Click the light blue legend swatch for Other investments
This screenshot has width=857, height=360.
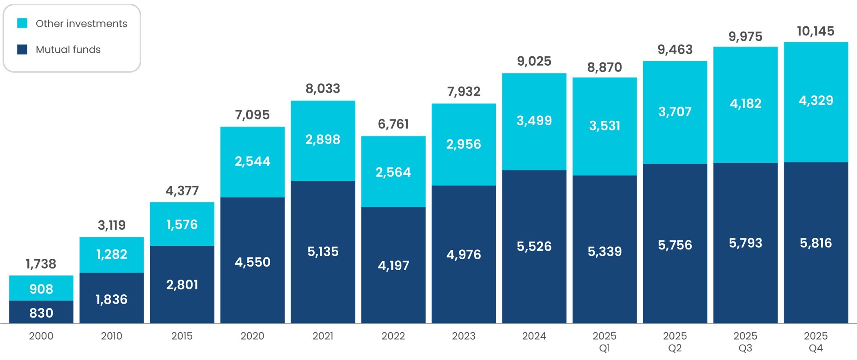point(22,23)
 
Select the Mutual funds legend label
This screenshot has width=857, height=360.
point(68,49)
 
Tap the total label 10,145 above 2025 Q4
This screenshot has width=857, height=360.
point(815,31)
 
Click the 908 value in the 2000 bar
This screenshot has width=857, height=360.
point(41,289)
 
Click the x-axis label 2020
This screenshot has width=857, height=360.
point(252,336)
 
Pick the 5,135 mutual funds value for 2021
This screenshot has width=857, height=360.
point(323,251)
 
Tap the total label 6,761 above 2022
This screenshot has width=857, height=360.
point(393,124)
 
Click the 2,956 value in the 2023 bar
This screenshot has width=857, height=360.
point(464,144)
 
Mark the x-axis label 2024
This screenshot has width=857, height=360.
point(534,336)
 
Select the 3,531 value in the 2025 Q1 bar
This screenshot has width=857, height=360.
point(604,126)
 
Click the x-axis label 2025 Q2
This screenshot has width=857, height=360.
point(675,341)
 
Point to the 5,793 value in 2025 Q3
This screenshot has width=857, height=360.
point(745,243)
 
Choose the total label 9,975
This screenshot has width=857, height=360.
point(745,37)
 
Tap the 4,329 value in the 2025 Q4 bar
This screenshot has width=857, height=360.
point(815,100)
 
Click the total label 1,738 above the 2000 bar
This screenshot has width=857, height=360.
point(41,264)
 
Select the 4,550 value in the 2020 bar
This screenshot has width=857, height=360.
point(252,262)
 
